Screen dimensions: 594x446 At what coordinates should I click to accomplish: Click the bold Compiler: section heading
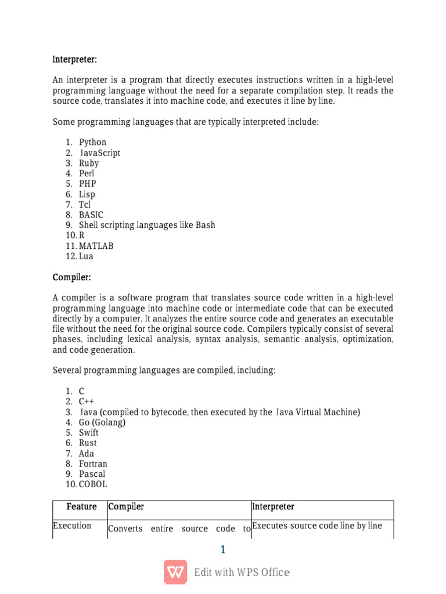[x=71, y=277]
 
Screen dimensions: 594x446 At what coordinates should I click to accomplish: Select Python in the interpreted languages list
[x=92, y=142]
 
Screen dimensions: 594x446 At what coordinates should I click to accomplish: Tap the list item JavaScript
[x=100, y=153]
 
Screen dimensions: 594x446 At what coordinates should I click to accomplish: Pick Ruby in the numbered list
[x=89, y=163]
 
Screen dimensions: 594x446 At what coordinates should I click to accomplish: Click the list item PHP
[x=88, y=184]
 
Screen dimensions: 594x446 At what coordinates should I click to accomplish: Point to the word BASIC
[x=91, y=215]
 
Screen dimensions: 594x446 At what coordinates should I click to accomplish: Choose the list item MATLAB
[x=96, y=246]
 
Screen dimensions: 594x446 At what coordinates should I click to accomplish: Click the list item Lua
[x=86, y=256]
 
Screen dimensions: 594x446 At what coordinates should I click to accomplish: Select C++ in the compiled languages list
[x=87, y=401]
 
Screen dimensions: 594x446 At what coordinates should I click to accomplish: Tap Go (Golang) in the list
[x=102, y=422]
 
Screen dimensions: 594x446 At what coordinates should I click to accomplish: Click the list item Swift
[x=89, y=433]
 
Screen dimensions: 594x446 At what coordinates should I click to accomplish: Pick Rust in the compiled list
[x=88, y=443]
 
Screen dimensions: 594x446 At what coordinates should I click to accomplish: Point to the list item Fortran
[x=93, y=463]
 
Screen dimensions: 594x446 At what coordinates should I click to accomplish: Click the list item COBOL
[x=93, y=484]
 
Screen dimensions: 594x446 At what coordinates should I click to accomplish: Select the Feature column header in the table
[x=81, y=507]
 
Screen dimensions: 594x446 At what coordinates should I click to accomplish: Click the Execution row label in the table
[x=72, y=526]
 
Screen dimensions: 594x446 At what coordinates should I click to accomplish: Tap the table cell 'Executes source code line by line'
[x=317, y=526]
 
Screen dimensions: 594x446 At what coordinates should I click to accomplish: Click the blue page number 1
[x=223, y=549]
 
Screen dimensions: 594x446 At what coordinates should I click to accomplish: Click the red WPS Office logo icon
[x=175, y=572]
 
